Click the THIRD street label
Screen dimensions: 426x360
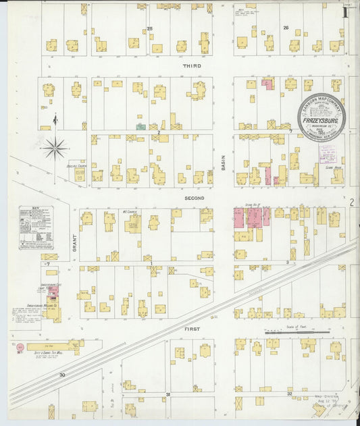[192, 66]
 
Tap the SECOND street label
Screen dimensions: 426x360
[195, 198]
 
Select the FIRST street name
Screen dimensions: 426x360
[191, 328]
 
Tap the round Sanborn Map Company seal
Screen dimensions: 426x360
[322, 115]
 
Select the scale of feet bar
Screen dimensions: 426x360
[288, 332]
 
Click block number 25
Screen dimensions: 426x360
[150, 28]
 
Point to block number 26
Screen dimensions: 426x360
[286, 28]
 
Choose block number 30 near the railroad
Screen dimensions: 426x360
[61, 374]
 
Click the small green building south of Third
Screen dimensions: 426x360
[140, 126]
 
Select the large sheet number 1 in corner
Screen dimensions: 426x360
[346, 11]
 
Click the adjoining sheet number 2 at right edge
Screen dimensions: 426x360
[351, 202]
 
